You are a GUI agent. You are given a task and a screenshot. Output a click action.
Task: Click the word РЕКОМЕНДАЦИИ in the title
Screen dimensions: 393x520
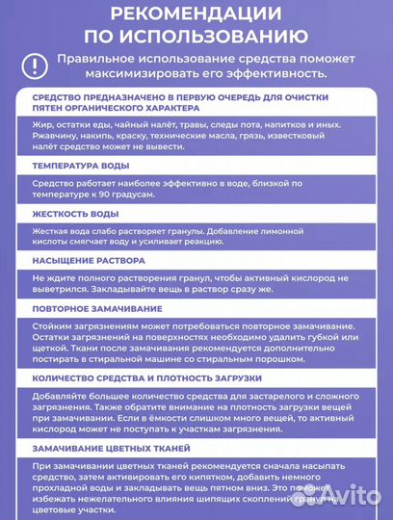point(196,14)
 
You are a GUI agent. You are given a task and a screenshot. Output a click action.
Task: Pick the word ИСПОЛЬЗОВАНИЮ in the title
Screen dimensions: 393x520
point(196,38)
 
